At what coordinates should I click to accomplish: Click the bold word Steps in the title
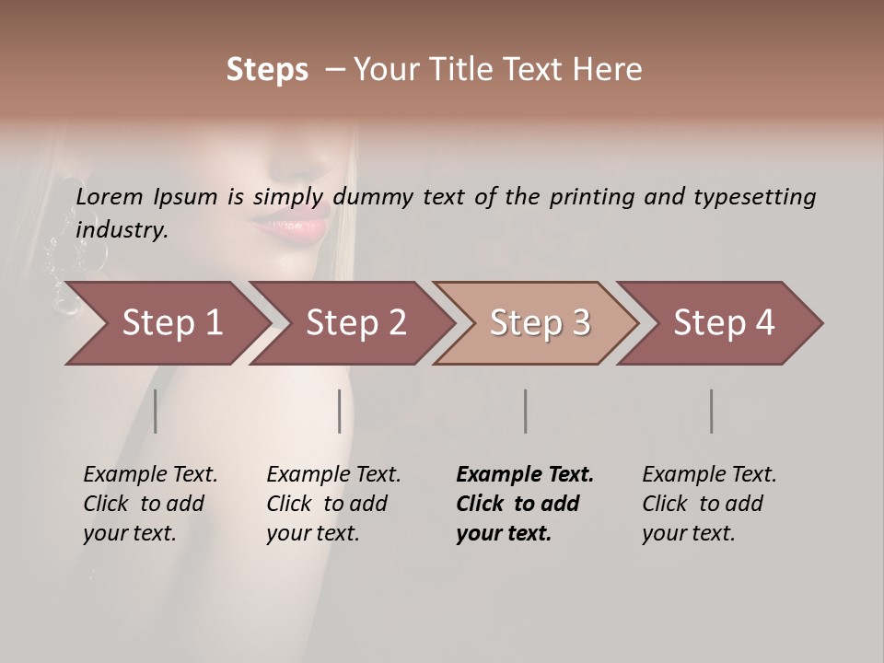(x=267, y=70)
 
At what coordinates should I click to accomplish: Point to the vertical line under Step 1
(x=156, y=411)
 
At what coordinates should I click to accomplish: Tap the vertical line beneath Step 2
(x=340, y=411)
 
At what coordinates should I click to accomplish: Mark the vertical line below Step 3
(x=526, y=411)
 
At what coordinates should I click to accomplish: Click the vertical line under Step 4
(x=712, y=411)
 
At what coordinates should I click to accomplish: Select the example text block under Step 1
(x=150, y=504)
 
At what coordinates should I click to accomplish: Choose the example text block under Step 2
(x=333, y=504)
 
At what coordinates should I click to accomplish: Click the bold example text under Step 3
(x=525, y=504)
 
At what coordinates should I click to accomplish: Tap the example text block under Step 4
(x=709, y=504)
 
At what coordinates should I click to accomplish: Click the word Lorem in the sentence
(x=110, y=197)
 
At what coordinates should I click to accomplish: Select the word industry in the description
(x=121, y=230)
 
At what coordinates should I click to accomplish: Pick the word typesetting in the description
(x=757, y=197)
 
